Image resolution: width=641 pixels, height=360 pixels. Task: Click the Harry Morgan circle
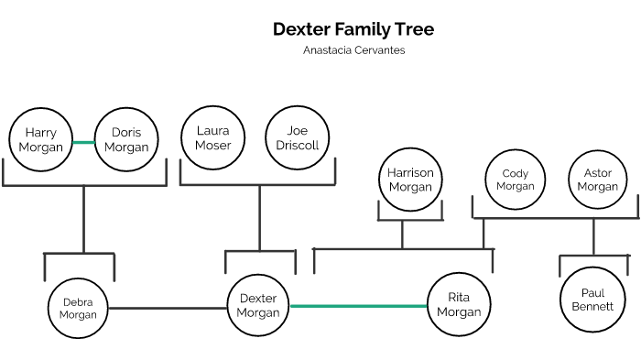pos(41,140)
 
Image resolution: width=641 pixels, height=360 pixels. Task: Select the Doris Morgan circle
pos(126,140)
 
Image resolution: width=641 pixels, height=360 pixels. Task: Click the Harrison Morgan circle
pos(410,179)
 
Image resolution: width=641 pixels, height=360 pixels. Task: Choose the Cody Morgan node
pos(516,180)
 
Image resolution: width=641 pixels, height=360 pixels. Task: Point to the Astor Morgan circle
pos(598,180)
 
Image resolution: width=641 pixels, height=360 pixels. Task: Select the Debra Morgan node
pos(78,309)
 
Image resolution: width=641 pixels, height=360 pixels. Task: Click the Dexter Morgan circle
pos(257,305)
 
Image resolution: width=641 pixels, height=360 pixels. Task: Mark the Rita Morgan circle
pos(458,305)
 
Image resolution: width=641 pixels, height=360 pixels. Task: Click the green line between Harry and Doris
pos(83,142)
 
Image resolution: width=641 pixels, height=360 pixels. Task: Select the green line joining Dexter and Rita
pos(358,306)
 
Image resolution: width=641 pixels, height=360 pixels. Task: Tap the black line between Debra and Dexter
pos(168,308)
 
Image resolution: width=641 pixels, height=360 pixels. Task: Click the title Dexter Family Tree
pos(353,29)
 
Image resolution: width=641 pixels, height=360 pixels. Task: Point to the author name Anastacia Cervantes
pos(353,50)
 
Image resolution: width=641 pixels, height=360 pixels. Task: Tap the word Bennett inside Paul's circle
pos(592,306)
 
